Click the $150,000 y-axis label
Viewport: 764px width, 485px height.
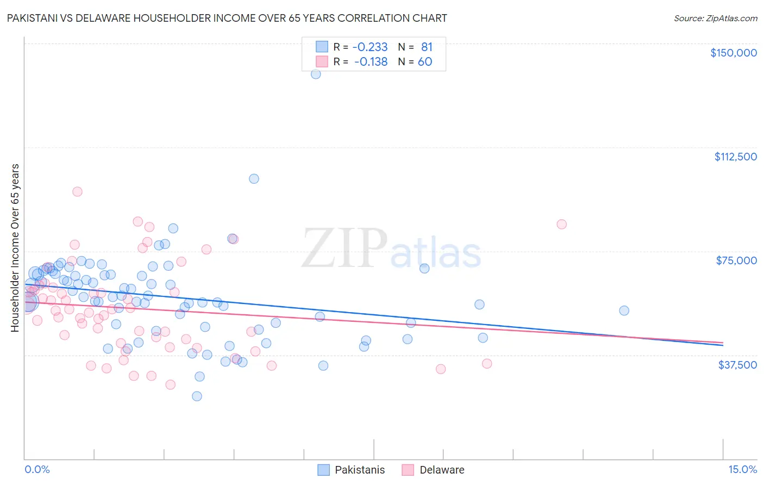pos(733,53)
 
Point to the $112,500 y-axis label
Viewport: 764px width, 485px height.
pos(735,157)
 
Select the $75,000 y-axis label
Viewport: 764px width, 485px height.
pos(736,260)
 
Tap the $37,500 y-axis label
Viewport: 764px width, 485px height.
pos(737,365)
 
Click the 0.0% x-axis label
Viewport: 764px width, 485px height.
pos(37,470)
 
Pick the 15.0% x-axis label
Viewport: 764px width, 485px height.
pos(742,470)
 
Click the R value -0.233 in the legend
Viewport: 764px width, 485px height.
pos(371,47)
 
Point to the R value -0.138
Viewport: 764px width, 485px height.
pos(371,61)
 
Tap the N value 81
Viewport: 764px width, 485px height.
pos(427,47)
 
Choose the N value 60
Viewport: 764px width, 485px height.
pos(425,61)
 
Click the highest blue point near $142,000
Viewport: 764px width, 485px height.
pos(316,74)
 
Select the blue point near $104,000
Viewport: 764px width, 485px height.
pos(254,179)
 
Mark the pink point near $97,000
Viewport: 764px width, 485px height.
pos(77,191)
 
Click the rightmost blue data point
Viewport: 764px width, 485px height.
pos(624,310)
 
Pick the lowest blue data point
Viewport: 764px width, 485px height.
pos(197,396)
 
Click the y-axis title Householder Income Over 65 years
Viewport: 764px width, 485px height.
pos(15,247)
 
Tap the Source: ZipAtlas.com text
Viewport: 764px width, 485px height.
pos(715,18)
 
